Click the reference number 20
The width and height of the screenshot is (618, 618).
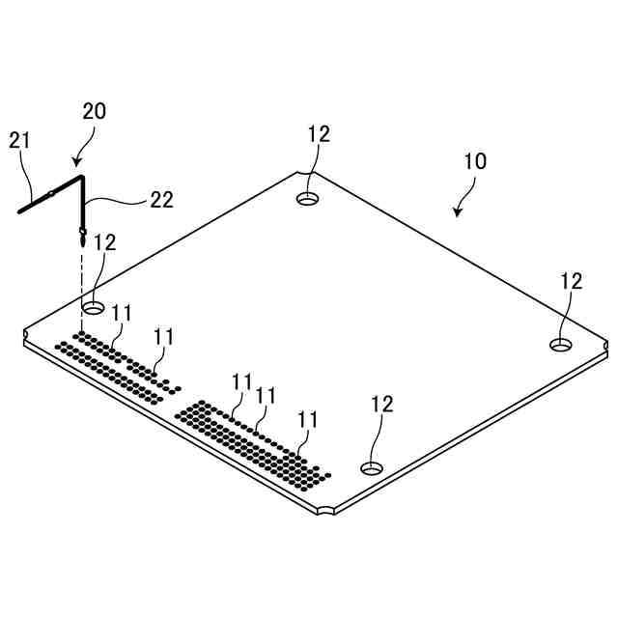click(94, 111)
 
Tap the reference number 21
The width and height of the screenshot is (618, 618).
click(20, 140)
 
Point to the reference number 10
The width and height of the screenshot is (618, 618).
click(474, 161)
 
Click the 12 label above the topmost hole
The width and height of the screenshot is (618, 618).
click(319, 134)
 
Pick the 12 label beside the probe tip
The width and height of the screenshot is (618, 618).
click(105, 241)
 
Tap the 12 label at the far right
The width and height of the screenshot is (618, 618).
click(572, 280)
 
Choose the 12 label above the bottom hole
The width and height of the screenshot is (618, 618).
click(382, 404)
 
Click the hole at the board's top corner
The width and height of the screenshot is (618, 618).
click(308, 199)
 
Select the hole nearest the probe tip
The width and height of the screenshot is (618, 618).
click(94, 307)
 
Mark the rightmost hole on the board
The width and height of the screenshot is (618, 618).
click(561, 345)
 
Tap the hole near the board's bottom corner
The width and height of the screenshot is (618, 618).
click(371, 468)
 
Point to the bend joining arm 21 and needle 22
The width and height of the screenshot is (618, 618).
click(81, 177)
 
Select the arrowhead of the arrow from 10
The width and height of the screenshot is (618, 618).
click(457, 213)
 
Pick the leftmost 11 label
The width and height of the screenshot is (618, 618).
click(122, 314)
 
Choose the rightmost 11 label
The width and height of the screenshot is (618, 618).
click(308, 419)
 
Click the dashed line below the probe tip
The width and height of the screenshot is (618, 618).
click(82, 290)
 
